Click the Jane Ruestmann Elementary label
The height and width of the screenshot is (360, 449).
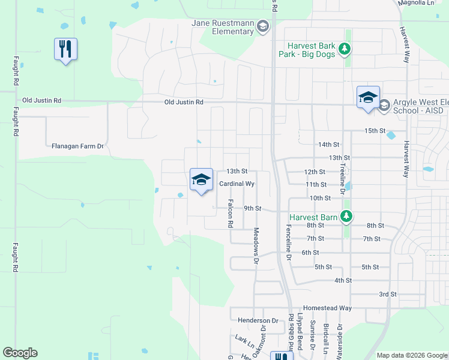tap(222, 27)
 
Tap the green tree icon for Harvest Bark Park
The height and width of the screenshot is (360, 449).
tap(345, 48)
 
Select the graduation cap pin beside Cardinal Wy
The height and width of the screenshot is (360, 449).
tap(201, 179)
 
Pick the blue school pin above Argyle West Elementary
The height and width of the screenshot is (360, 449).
tap(367, 97)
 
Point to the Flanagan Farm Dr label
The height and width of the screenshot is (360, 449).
tap(78, 146)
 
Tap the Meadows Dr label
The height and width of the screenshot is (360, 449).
tap(256, 246)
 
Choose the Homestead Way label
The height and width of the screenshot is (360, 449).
tap(327, 308)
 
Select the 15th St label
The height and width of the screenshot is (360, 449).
tap(375, 131)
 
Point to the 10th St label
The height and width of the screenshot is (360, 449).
tap(321, 198)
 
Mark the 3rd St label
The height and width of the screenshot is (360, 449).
tap(388, 294)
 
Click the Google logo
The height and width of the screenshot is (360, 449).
tap(20, 353)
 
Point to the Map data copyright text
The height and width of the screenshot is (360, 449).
tap(411, 355)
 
